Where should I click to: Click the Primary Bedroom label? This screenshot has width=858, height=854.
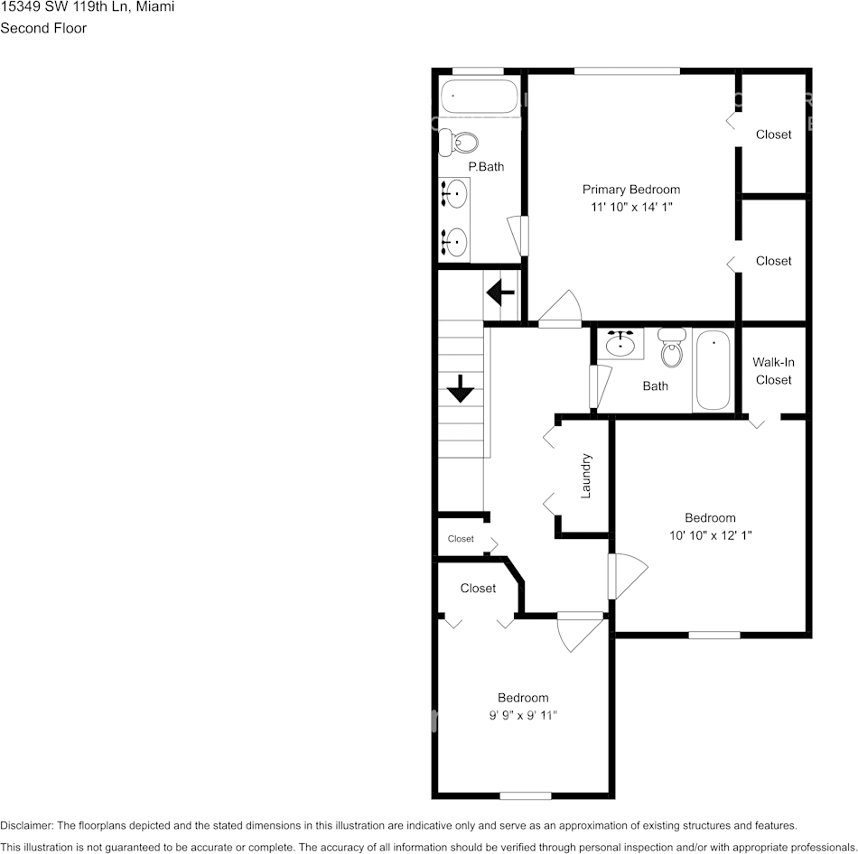tap(630, 190)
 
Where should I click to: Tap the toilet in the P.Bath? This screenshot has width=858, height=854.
tap(465, 141)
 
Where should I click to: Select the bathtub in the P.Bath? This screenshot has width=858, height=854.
tap(480, 96)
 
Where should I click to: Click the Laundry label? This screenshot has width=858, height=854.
tap(585, 475)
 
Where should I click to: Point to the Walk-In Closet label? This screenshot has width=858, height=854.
tap(773, 371)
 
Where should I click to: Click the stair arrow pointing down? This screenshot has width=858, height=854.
tap(461, 390)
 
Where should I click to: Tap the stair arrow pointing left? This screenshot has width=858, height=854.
tap(500, 292)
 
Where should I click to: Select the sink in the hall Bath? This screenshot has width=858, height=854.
tap(620, 344)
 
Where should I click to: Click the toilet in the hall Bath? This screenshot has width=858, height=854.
tap(671, 348)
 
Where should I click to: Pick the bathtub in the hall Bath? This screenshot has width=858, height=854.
tap(714, 370)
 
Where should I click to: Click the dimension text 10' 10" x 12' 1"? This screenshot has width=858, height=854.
tap(710, 535)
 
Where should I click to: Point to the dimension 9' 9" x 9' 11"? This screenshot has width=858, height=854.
tap(523, 716)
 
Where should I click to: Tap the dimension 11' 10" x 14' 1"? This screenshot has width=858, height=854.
tap(631, 208)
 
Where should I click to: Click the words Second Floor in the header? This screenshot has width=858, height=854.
tap(43, 28)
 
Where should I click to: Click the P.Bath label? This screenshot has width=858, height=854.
tap(486, 167)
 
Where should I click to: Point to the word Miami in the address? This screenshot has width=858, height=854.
tap(155, 7)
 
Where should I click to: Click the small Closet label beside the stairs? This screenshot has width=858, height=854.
tap(461, 539)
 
